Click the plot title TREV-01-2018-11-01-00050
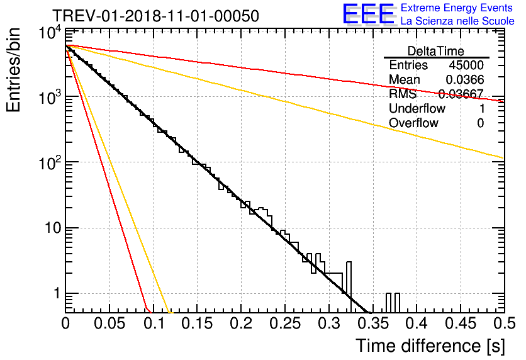(155, 16)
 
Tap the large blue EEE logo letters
(369, 14)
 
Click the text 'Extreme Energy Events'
(457, 8)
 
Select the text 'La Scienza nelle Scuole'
(457, 21)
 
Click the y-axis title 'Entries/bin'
(13, 70)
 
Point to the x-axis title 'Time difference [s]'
(430, 346)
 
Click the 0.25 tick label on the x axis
(285, 323)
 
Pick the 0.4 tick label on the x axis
(417, 323)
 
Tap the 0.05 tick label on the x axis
(109, 323)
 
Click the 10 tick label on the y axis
(53, 228)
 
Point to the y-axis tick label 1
(57, 293)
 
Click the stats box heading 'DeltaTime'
(436, 51)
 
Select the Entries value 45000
(466, 65)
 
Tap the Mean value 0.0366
(465, 79)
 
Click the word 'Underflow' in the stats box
(417, 108)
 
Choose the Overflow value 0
(481, 123)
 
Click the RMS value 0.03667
(461, 94)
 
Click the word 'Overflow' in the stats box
(413, 123)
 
